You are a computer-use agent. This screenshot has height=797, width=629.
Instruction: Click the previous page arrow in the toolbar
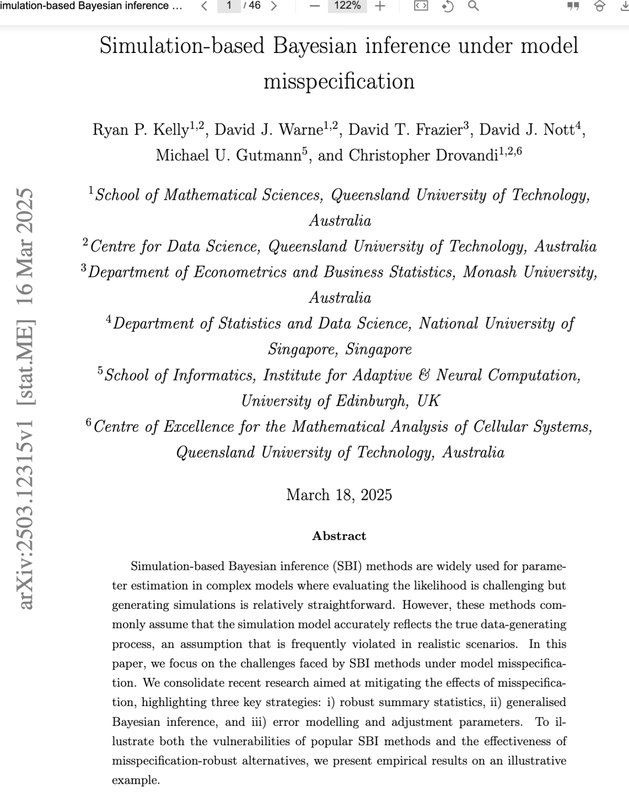point(204,6)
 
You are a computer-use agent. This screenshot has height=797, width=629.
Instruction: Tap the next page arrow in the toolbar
point(274,6)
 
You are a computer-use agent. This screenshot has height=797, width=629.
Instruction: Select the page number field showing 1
point(229,6)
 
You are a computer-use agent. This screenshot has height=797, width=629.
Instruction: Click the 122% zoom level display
point(348,6)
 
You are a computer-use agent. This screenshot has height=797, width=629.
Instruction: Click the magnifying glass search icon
point(473,6)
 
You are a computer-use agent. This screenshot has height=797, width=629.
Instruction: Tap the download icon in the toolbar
point(624,6)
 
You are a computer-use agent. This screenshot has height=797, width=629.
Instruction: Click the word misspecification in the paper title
point(339,81)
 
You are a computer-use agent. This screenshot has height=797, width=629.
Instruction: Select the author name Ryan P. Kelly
point(140,129)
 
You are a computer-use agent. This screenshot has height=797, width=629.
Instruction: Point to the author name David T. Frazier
point(402,129)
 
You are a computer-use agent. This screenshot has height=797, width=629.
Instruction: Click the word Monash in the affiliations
point(489,272)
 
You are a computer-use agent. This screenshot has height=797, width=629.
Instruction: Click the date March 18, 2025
point(339,495)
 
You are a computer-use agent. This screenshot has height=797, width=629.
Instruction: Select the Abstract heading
point(339,536)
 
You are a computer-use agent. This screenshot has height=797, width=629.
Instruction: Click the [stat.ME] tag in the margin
point(26,362)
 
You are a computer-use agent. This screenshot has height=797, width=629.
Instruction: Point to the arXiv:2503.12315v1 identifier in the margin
point(26,513)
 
